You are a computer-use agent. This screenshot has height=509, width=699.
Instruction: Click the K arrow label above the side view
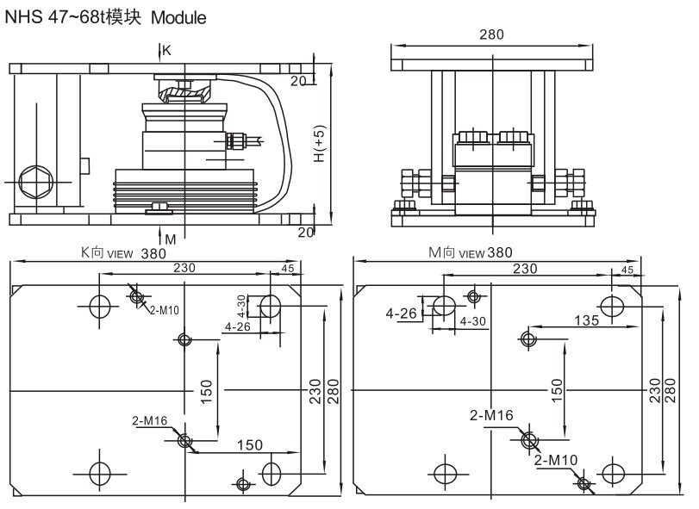point(167,51)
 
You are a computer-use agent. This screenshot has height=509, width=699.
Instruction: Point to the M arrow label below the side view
point(170,239)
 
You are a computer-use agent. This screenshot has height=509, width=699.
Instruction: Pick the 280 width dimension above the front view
point(492,34)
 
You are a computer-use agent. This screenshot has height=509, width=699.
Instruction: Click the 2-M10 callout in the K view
point(164,309)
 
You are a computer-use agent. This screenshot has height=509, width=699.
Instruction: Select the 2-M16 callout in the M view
point(491,415)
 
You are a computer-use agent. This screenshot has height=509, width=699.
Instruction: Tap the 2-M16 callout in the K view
point(149,421)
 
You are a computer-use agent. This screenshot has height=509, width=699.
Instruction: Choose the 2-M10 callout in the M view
point(556,460)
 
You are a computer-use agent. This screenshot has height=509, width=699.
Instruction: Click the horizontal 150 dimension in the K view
point(249,444)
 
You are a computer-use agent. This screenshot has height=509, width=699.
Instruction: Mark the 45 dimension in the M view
point(627,270)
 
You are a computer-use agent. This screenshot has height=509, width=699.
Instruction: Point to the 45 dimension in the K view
point(287,269)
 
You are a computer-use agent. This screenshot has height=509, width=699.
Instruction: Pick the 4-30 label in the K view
point(242,306)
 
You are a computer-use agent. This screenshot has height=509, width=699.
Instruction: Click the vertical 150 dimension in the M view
point(558,389)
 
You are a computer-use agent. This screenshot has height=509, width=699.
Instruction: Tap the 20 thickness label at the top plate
point(298,81)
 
